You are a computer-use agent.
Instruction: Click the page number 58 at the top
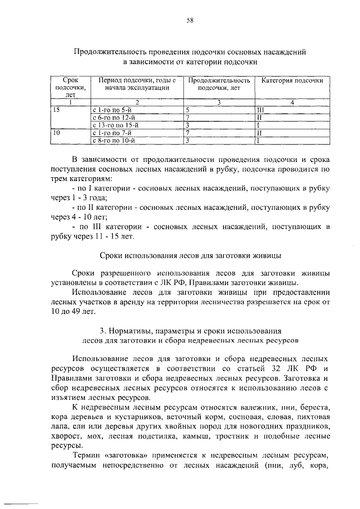pyautogui.click(x=190, y=21)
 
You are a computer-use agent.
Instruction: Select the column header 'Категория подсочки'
pyautogui.click(x=291, y=81)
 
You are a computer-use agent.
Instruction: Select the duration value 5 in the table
pyautogui.click(x=188, y=110)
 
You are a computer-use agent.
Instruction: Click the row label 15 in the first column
pyautogui.click(x=56, y=110)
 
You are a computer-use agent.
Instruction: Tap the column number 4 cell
pyautogui.click(x=292, y=102)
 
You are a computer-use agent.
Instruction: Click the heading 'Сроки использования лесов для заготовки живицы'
pyautogui.click(x=190, y=255)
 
